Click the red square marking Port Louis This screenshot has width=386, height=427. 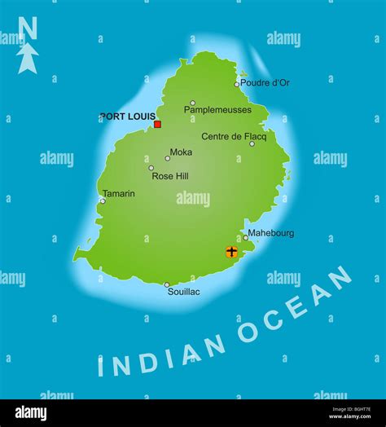tap(157, 125)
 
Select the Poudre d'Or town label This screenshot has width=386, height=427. tap(265, 82)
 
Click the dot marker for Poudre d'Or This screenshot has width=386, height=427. tap(237, 84)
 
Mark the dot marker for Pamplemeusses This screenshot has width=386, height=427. tap(192, 103)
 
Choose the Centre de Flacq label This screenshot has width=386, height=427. tap(235, 136)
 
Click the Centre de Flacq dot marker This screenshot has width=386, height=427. tap(252, 144)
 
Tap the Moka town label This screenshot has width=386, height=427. tap(182, 152)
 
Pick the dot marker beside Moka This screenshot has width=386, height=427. tap(168, 158)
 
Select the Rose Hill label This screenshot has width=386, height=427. tap(170, 175)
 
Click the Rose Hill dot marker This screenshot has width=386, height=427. tap(151, 168)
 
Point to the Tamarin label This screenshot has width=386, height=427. tap(119, 194)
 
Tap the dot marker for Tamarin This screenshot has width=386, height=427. tap(103, 200)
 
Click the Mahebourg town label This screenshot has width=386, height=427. tap(271, 233)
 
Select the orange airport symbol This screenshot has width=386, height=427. tap(231, 252)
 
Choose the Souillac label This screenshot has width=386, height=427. tap(183, 292)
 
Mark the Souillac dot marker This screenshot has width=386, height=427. tap(167, 285)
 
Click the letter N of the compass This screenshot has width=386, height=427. tap(28, 29)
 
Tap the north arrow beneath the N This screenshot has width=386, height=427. tap(28, 59)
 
